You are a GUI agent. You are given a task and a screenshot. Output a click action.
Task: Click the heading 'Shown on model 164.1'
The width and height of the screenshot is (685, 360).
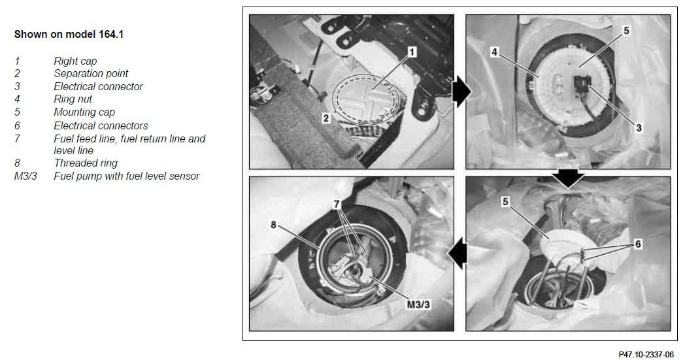tap(69, 35)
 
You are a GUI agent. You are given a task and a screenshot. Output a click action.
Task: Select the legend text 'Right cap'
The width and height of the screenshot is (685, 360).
tap(75, 61)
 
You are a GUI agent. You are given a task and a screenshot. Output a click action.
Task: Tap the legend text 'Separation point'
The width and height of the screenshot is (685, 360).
tap(91, 73)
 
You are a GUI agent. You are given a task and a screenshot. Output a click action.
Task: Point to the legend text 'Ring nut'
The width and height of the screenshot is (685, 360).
tap(73, 99)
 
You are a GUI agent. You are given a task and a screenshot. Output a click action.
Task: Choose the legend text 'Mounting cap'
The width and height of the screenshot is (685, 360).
tap(84, 112)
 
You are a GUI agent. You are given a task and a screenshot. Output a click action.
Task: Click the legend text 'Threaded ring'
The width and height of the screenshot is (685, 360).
tap(86, 163)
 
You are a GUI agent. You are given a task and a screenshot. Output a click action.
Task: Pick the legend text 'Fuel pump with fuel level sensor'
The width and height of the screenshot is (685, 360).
tap(127, 176)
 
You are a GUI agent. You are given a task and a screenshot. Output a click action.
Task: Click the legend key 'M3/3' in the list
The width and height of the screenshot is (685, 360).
tap(25, 176)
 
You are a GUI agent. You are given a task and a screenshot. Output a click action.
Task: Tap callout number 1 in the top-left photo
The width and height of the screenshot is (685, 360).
tap(412, 52)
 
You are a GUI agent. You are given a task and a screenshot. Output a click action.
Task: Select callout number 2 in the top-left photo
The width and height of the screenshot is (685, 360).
tap(326, 118)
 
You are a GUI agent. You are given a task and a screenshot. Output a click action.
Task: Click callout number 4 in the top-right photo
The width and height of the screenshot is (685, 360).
tap(494, 52)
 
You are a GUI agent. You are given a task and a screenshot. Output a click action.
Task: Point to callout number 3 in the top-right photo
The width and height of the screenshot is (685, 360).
tap(639, 128)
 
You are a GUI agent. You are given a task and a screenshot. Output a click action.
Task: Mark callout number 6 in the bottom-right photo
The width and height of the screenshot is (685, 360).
tap(638, 244)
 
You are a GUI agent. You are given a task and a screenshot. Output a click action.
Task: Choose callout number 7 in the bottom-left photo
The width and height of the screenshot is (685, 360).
tap(337, 204)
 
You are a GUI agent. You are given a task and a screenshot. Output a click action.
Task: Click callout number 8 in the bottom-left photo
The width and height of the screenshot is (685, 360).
tap(273, 225)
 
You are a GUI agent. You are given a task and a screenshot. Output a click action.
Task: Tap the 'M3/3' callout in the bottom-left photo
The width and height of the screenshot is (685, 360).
tap(418, 304)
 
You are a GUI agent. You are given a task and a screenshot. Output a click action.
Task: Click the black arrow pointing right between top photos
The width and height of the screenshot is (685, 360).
tap(461, 91)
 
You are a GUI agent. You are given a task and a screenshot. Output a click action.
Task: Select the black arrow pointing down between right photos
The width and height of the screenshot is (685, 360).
tap(569, 178)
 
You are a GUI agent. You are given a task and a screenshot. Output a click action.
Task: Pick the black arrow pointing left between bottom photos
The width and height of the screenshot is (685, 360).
tap(458, 254)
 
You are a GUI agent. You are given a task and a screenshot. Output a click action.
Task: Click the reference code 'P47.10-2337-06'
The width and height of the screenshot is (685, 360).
tap(646, 354)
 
